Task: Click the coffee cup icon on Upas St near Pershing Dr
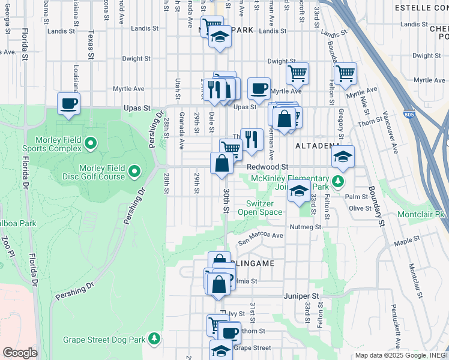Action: pyautogui.click(x=69, y=103)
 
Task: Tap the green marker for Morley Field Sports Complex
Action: pyautogui.click(x=91, y=143)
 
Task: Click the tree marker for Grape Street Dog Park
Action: pyautogui.click(x=154, y=340)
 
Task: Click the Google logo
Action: pyautogui.click(x=20, y=353)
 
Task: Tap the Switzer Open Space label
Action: pyautogui.click(x=260, y=208)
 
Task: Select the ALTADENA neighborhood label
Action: pyautogui.click(x=316, y=146)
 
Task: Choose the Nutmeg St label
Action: pyautogui.click(x=306, y=227)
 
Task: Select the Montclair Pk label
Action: pyautogui.click(x=422, y=214)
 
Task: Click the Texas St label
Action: pyautogui.click(x=91, y=46)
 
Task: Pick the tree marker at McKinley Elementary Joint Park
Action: pyautogui.click(x=339, y=181)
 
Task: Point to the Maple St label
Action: pyautogui.click(x=406, y=241)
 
